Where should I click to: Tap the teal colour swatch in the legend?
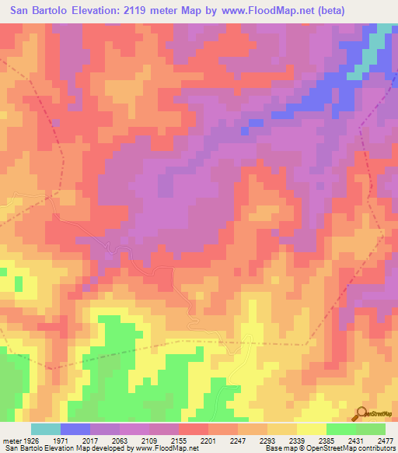(x=45, y=429)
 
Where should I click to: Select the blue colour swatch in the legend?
(x=75, y=429)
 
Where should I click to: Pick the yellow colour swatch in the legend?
(x=311, y=429)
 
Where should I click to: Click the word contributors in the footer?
(x=377, y=448)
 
